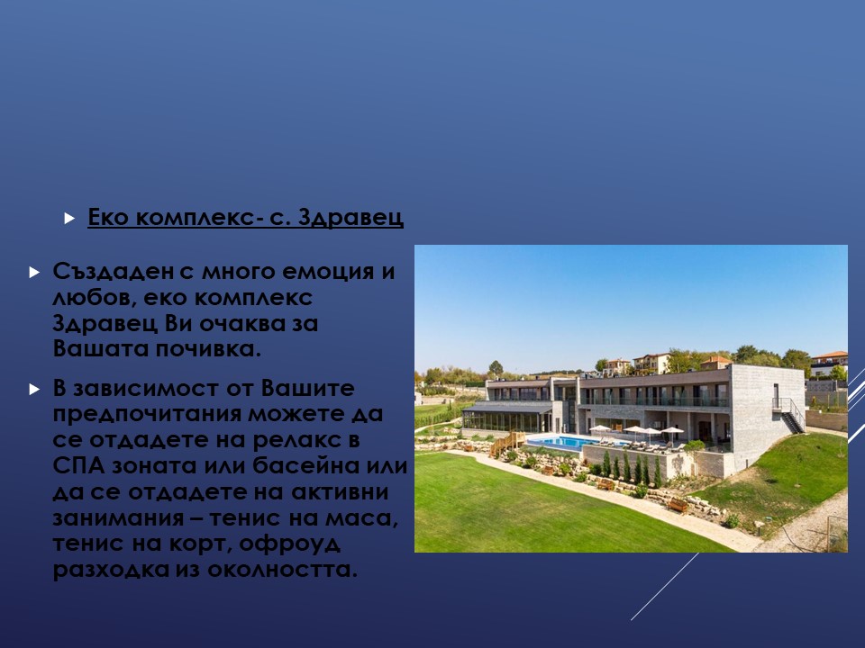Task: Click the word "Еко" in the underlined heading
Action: [x=108, y=217]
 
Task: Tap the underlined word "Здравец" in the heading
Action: [x=351, y=217]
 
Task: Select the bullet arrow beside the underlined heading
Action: [x=69, y=218]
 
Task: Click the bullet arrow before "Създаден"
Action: [x=34, y=272]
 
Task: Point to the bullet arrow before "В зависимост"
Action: [x=34, y=389]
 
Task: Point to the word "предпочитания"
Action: [x=147, y=414]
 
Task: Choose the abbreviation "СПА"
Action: [x=79, y=466]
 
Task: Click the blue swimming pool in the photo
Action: [x=569, y=442]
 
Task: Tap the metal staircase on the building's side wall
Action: [x=789, y=415]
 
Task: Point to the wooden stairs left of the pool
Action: [x=507, y=444]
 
